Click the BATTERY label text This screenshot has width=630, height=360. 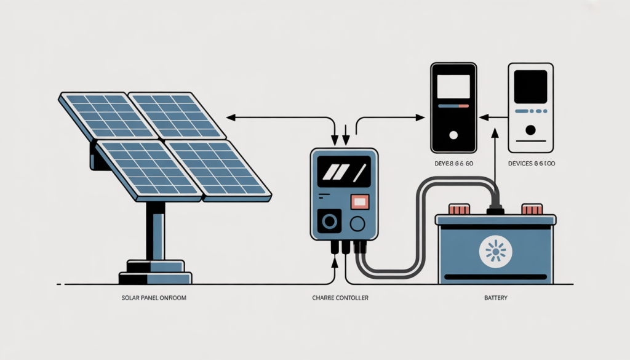pyautogui.click(x=495, y=298)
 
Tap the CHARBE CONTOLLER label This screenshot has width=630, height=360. pyautogui.click(x=337, y=298)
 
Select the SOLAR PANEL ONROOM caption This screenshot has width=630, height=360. pyautogui.click(x=154, y=298)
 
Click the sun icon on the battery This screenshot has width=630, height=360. pyautogui.click(x=495, y=252)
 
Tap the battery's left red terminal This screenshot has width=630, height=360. pyautogui.click(x=457, y=209)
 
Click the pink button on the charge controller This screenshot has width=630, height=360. pyautogui.click(x=359, y=201)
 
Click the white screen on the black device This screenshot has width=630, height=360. pyautogui.click(x=454, y=86)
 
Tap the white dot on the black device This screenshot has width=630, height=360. pyautogui.click(x=454, y=134)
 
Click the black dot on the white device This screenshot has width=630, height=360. pyautogui.click(x=530, y=130)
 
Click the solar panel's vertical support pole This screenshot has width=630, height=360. pyautogui.click(x=155, y=228)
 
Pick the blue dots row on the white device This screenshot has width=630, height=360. pyautogui.click(x=530, y=111)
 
